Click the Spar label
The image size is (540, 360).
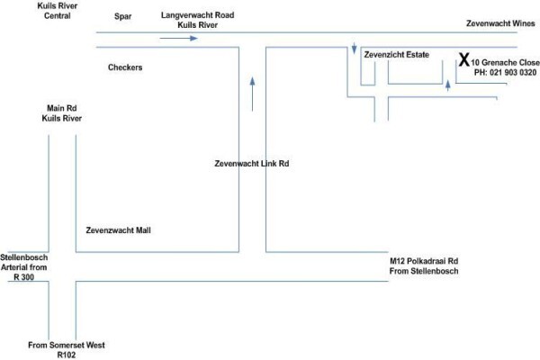click(x=123, y=16)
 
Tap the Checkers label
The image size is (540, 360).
click(x=125, y=67)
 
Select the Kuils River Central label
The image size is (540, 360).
click(x=58, y=11)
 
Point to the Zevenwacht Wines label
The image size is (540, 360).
click(x=500, y=23)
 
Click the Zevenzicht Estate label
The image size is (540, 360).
click(x=397, y=54)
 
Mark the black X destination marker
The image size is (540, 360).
click(x=464, y=59)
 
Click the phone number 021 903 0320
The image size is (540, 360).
click(x=513, y=72)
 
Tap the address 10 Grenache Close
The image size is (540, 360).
click(x=506, y=62)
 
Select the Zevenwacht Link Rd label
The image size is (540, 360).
click(x=252, y=163)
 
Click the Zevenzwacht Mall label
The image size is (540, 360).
click(x=118, y=230)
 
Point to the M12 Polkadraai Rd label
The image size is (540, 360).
click(x=424, y=261)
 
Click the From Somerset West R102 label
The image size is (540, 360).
click(x=67, y=350)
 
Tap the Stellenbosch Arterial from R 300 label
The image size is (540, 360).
click(x=23, y=267)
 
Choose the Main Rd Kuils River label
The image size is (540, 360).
click(x=62, y=113)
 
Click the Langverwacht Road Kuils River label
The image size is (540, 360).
click(x=198, y=20)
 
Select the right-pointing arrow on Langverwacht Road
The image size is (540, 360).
click(x=179, y=38)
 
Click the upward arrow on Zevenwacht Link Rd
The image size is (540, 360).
click(x=252, y=94)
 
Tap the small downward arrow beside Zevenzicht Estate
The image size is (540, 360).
click(x=354, y=49)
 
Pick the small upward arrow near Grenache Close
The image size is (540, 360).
click(x=447, y=85)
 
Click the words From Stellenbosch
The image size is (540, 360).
click(x=424, y=271)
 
